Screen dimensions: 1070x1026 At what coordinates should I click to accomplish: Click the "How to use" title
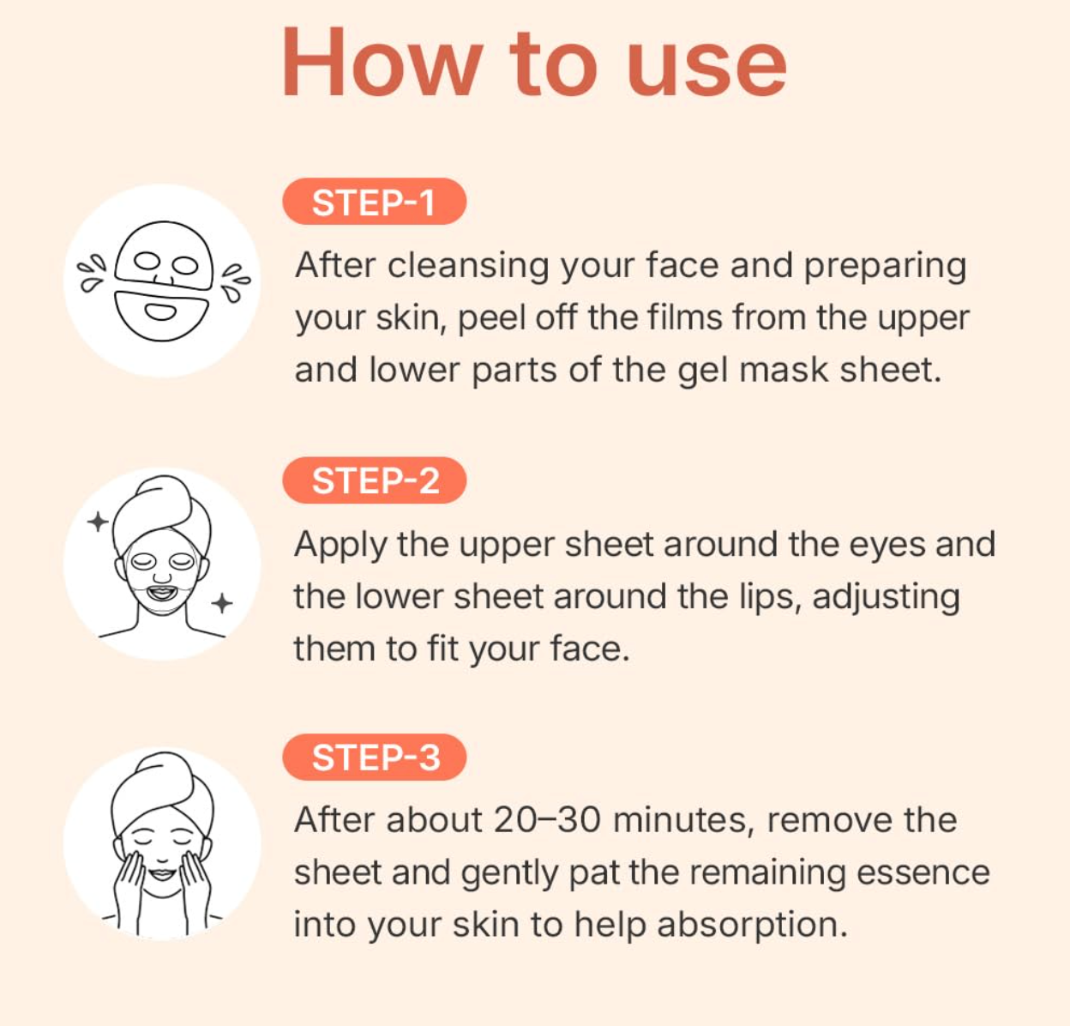(x=534, y=63)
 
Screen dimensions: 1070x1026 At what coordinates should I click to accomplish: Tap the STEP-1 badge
(x=375, y=202)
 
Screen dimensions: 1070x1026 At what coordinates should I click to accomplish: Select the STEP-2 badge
(x=375, y=480)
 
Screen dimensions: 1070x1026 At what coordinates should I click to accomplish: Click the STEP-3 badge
(x=375, y=757)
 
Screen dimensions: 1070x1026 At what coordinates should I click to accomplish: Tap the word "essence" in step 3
(x=923, y=873)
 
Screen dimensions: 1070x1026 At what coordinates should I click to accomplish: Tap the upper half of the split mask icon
(x=164, y=256)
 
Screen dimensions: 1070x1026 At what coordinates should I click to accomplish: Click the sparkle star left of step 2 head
(x=98, y=521)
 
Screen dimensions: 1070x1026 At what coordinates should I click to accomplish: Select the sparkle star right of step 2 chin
(x=221, y=603)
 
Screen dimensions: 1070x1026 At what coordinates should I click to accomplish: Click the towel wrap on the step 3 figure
(x=162, y=788)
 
